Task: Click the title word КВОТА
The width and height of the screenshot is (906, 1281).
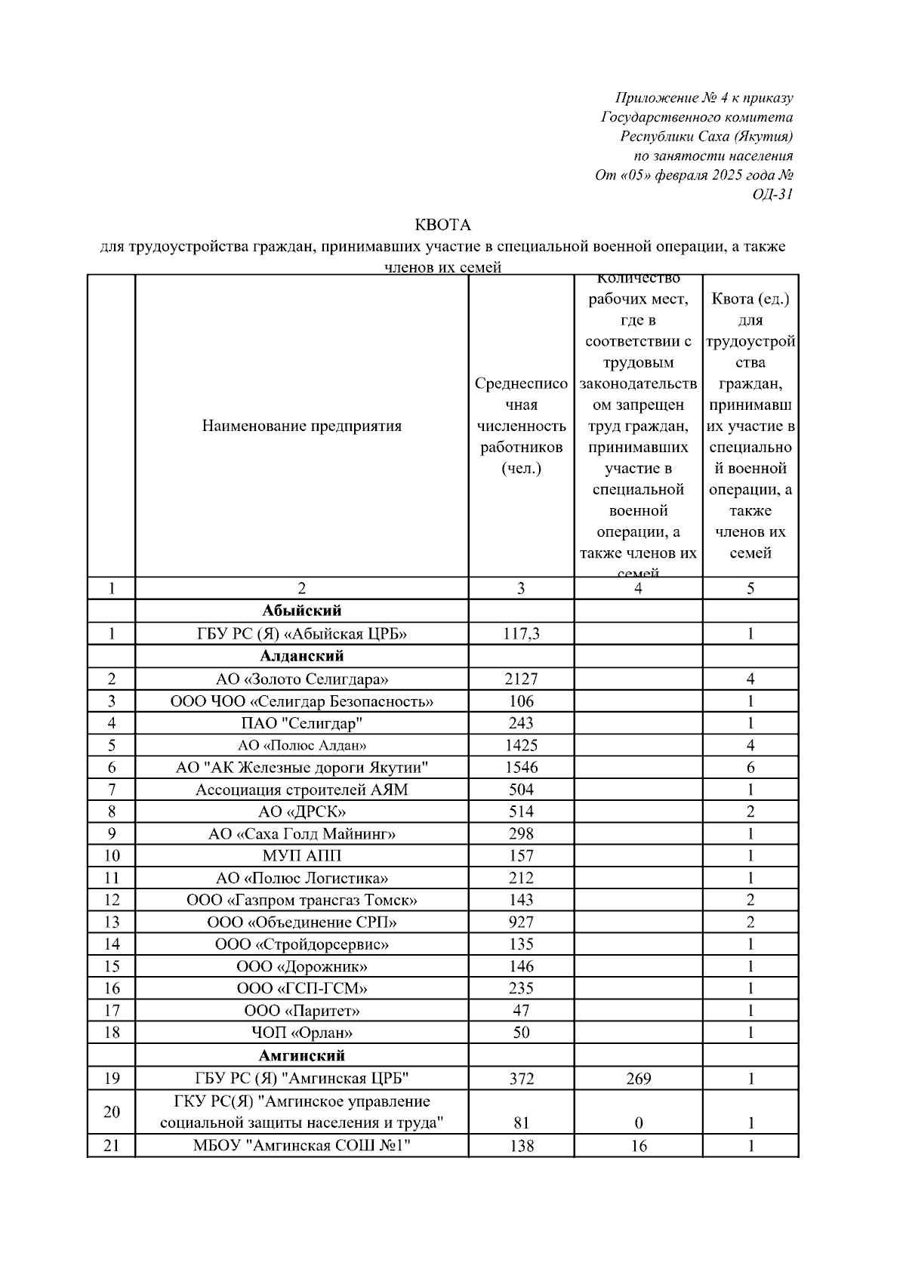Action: tap(442, 225)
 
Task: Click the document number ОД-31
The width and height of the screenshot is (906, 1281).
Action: tap(772, 195)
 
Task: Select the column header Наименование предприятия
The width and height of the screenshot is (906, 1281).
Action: tap(301, 426)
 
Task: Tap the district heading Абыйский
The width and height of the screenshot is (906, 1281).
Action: tap(301, 611)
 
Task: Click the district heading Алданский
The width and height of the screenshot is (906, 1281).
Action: tap(301, 656)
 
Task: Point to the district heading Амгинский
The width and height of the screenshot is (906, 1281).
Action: tap(301, 1055)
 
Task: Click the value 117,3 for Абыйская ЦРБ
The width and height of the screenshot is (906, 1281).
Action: tap(521, 634)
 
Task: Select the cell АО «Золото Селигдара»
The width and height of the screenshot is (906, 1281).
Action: tap(302, 679)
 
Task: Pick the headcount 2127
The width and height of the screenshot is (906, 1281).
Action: tap(521, 679)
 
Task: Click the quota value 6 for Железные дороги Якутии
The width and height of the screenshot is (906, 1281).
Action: tap(750, 768)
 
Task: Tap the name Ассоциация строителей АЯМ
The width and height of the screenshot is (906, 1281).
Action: tap(302, 790)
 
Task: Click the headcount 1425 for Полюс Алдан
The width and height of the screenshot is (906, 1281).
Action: tap(521, 746)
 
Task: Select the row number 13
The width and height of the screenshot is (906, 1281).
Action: tap(112, 922)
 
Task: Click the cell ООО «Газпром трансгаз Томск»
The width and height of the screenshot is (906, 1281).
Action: tap(302, 901)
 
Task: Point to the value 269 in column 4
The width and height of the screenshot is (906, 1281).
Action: tap(638, 1079)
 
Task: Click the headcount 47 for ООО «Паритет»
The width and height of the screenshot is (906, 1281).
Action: tap(521, 1011)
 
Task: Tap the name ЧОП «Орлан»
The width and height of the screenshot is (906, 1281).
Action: tap(302, 1033)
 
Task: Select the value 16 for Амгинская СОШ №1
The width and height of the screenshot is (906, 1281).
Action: tap(638, 1146)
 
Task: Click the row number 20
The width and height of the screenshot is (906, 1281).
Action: tap(112, 1112)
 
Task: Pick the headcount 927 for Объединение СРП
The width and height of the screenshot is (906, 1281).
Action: tap(521, 922)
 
